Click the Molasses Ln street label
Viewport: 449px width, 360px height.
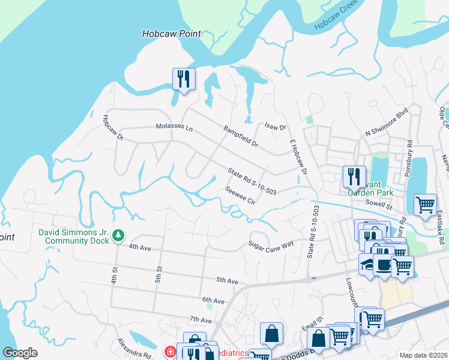tap(174, 128)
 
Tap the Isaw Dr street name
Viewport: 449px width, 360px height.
tap(276, 127)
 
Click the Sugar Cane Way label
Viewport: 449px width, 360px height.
tap(271, 244)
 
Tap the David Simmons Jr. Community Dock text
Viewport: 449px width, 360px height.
tap(74, 236)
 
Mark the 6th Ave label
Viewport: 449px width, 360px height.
tap(212, 300)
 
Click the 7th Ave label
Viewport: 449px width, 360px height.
tap(201, 319)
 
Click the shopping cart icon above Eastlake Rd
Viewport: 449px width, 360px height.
tap(425, 204)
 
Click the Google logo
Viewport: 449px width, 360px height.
tap(20, 352)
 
